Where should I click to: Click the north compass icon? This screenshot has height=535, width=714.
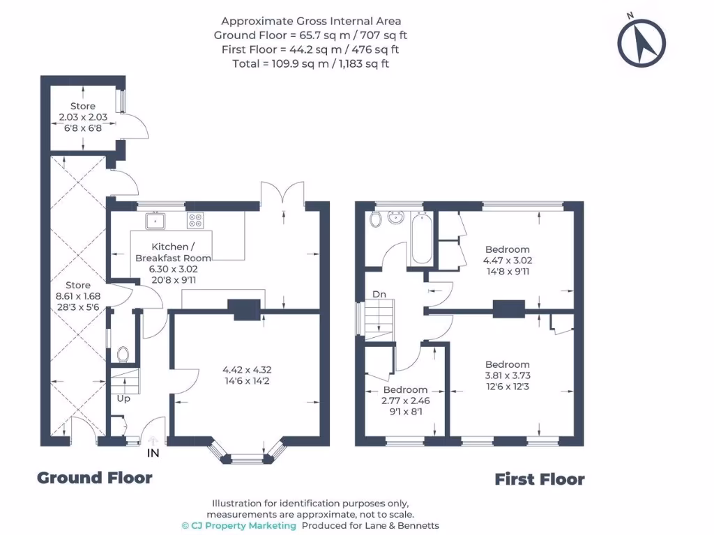click(641, 42)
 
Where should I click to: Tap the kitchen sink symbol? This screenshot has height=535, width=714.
click(155, 221)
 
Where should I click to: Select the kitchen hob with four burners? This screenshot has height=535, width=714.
click(195, 221)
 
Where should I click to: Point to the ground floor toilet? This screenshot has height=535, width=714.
click(123, 354)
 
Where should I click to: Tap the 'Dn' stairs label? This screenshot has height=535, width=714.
click(379, 295)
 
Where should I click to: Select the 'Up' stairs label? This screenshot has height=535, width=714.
click(123, 398)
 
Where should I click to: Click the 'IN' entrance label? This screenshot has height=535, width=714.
click(153, 453)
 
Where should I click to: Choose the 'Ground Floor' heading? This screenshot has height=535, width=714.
click(94, 478)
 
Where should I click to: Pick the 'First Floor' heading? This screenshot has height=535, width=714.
click(539, 479)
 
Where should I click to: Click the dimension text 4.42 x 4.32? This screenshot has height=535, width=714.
click(247, 370)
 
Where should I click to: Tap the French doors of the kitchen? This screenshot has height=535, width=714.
click(282, 194)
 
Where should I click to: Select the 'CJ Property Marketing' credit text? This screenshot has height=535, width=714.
click(238, 525)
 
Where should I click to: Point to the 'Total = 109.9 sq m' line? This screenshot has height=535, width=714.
click(310, 63)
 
